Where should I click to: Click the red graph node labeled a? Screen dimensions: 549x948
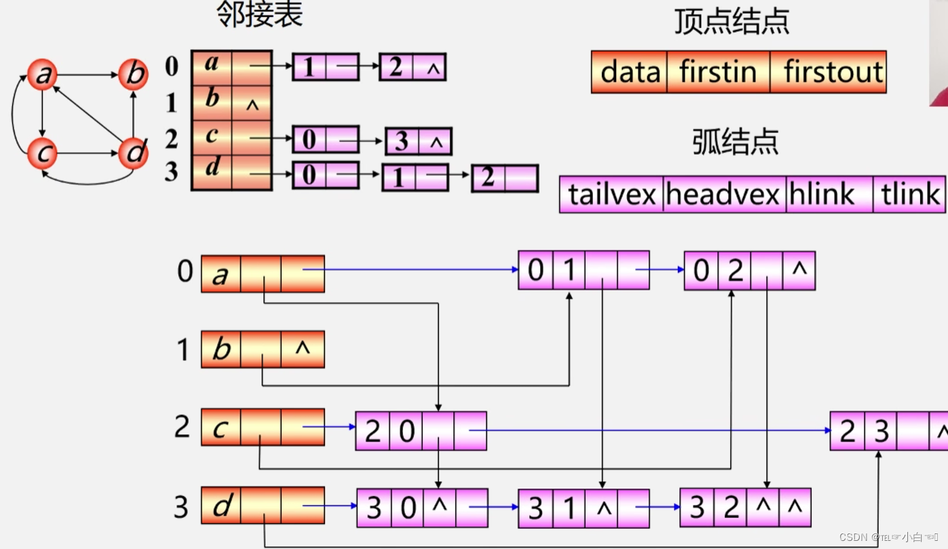[42, 75]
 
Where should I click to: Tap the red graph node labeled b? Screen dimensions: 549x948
[133, 74]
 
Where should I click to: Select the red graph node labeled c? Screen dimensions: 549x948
[42, 153]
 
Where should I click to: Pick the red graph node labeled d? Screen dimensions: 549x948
[133, 153]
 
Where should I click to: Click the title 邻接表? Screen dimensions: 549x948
[259, 15]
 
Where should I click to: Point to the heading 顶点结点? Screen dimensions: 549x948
[732, 22]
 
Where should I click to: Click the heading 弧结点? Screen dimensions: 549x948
[735, 142]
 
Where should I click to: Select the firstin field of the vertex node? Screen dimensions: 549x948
[718, 72]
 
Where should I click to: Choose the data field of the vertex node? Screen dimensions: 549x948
[630, 72]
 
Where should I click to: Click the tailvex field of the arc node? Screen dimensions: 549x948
[611, 195]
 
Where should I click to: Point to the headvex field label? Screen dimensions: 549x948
[723, 195]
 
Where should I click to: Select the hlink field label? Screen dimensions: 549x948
[821, 195]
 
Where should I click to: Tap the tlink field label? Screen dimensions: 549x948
[909, 195]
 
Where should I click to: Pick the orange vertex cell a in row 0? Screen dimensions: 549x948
[220, 274]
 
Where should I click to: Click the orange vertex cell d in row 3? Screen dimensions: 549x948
[220, 506]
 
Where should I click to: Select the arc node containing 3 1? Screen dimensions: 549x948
[583, 508]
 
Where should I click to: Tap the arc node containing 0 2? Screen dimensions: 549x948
[749, 271]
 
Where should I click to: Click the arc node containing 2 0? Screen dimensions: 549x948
[421, 431]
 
